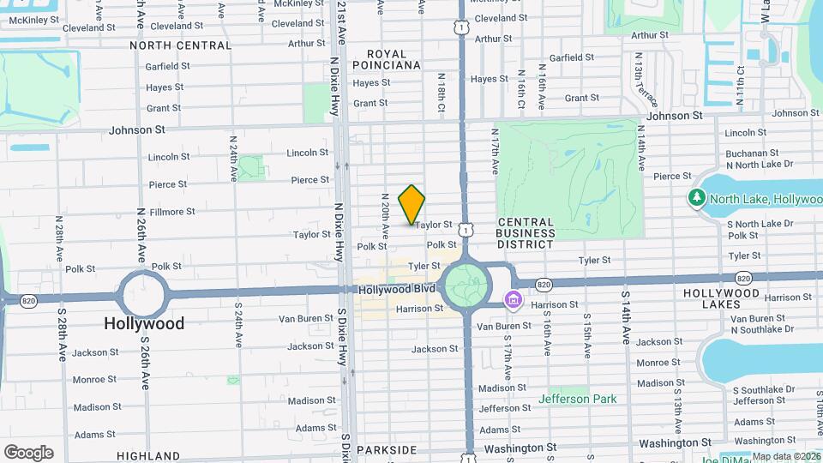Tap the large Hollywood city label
click(x=144, y=324)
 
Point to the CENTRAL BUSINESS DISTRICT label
click(x=526, y=233)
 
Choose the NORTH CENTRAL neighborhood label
click(x=180, y=45)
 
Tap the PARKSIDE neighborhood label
click(x=386, y=450)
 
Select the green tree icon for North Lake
click(x=696, y=199)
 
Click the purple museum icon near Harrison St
click(x=513, y=300)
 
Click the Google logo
click(x=29, y=452)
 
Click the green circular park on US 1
click(x=466, y=284)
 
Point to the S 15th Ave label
click(x=587, y=334)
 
